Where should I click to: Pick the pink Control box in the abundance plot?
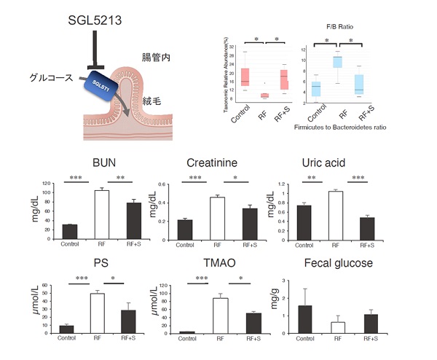coord(245,77)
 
